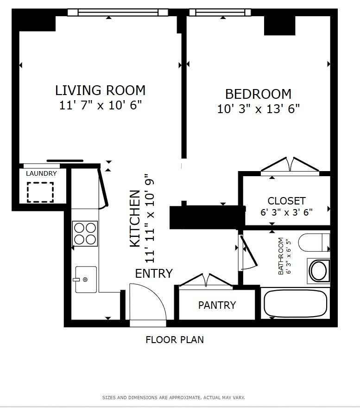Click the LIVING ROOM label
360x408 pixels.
[100, 90]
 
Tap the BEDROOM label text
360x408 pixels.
[258, 94]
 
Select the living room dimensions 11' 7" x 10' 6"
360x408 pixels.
[101, 105]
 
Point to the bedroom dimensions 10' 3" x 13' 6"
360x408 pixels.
[258, 108]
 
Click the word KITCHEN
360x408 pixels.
[135, 218]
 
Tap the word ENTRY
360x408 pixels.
[154, 274]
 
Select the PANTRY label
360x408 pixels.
[217, 305]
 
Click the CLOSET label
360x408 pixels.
[286, 201]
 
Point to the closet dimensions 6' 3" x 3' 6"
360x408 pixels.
[286, 212]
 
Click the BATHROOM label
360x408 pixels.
[281, 256]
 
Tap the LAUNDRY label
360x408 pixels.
[41, 173]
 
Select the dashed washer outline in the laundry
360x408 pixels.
[40, 192]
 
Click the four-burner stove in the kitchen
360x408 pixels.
[85, 234]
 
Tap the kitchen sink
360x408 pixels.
[86, 280]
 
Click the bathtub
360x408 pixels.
[295, 303]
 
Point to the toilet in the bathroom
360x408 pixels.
[314, 242]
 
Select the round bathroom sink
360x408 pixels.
[319, 271]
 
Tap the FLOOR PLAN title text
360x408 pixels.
[175, 340]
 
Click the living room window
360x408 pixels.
[118, 12]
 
